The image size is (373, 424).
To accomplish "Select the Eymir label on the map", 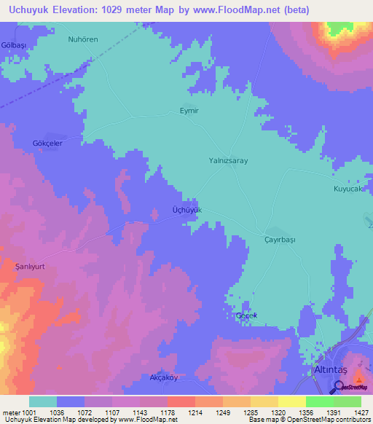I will (189, 111).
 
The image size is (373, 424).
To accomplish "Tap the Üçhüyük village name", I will (186, 209).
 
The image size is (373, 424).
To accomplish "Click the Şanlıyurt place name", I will (31, 267).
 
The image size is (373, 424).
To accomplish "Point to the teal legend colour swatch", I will (43, 401).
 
